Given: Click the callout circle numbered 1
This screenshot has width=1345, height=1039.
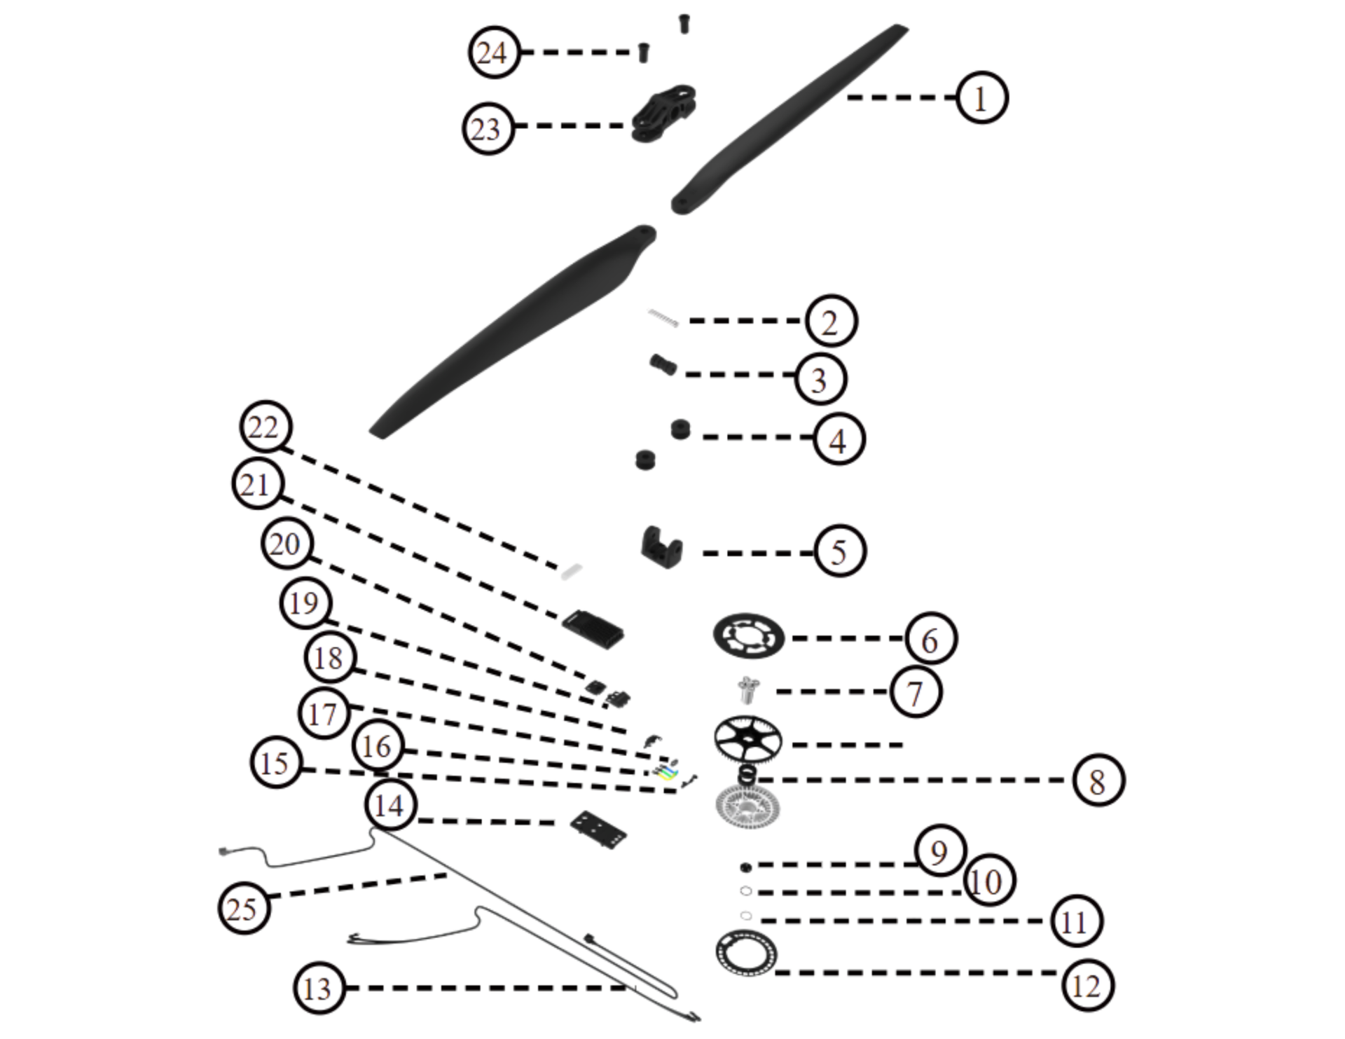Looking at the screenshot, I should click(981, 97).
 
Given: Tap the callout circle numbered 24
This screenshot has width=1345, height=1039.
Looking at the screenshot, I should click(494, 53).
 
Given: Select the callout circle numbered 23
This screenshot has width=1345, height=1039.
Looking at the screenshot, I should click(488, 128).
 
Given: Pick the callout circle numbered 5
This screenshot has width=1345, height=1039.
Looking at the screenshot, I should click(840, 551).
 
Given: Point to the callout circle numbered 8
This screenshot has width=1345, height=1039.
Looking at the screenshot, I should click(1098, 780).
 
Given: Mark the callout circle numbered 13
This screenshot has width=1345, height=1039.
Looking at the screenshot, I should click(319, 988).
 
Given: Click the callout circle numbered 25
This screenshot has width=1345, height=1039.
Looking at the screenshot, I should click(244, 908).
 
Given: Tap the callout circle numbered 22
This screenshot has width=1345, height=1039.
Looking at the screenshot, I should click(265, 427).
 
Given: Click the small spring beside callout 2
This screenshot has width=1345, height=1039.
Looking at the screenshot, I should click(663, 318).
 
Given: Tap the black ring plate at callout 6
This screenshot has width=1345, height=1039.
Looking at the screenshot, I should click(748, 635).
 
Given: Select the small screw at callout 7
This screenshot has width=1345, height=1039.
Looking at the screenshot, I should click(749, 689).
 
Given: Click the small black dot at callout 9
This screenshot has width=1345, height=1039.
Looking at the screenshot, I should click(745, 867).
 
